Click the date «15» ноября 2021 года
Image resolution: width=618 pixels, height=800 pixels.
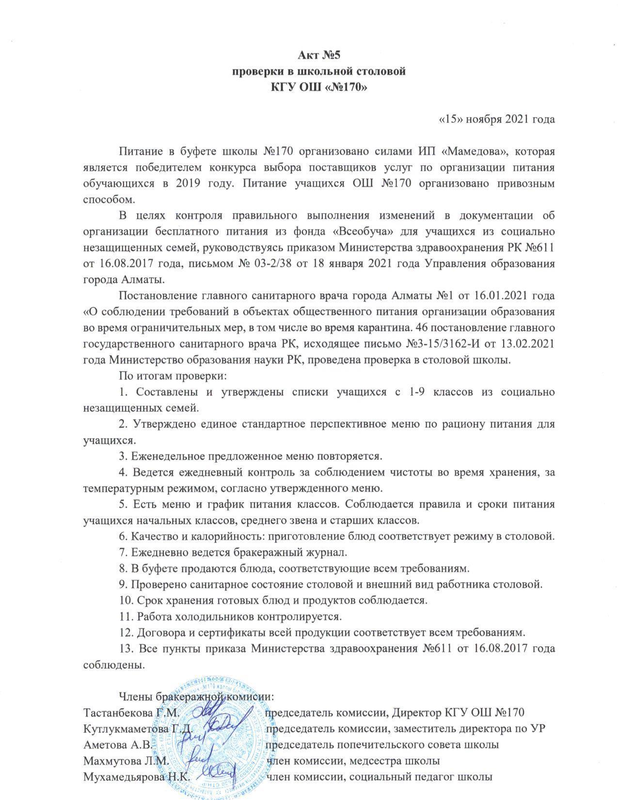tap(496, 119)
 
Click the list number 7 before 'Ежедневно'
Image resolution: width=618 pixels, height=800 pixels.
tap(123, 552)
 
